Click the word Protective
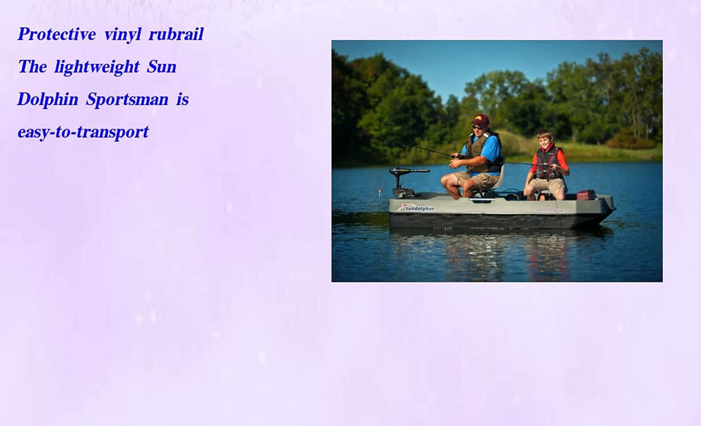pyautogui.click(x=57, y=34)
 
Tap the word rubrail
pyautogui.click(x=176, y=34)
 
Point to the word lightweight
pyautogui.click(x=97, y=67)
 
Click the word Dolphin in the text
pyautogui.click(x=48, y=99)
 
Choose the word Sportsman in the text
pyautogui.click(x=127, y=100)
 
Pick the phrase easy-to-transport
pyautogui.click(x=83, y=132)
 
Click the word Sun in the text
pyautogui.click(x=162, y=67)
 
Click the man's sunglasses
pyautogui.click(x=478, y=127)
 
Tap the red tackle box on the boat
pyautogui.click(x=586, y=195)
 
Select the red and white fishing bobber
pyautogui.click(x=380, y=193)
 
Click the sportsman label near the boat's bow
pyautogui.click(x=550, y=210)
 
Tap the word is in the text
pyautogui.click(x=182, y=99)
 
